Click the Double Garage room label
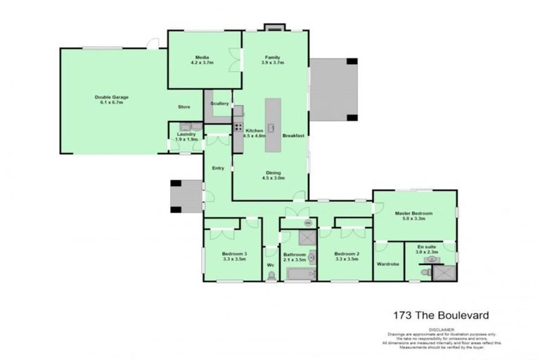(x=112, y=99)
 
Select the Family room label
(x=273, y=59)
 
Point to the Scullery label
(x=219, y=103)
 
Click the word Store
(x=184, y=107)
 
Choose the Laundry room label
(x=186, y=136)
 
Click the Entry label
(x=219, y=167)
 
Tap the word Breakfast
(x=293, y=135)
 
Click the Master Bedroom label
(x=413, y=215)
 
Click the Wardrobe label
(x=388, y=264)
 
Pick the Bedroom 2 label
(x=347, y=256)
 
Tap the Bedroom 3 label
(x=235, y=256)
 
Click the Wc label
(x=270, y=265)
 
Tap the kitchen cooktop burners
(x=238, y=128)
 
